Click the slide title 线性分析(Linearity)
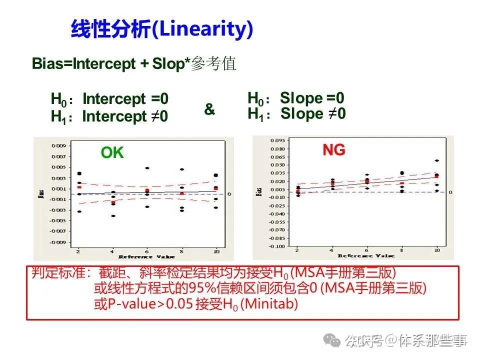tap(161, 29)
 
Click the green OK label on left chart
tap(112, 153)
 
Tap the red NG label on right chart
tap(333, 150)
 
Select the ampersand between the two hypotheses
tap(209, 109)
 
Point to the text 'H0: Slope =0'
tap(296, 98)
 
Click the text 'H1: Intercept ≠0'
tap(109, 117)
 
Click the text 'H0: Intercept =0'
tap(109, 99)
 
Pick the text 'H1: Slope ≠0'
tap(296, 114)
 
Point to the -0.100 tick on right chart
tap(277, 246)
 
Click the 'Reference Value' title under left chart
tap(146, 256)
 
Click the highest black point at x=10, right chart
tap(437, 160)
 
